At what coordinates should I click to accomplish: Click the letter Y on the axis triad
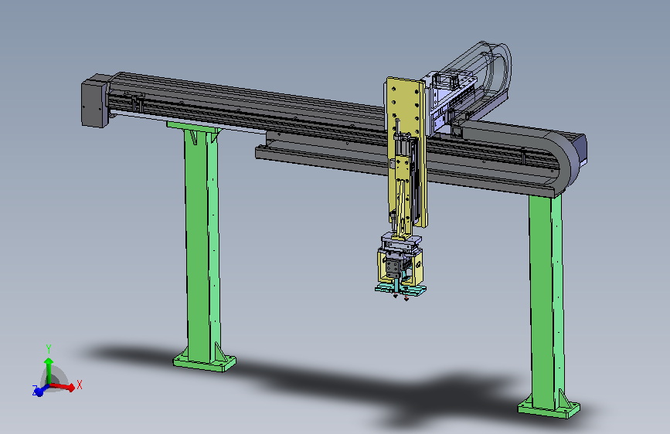(x=49, y=349)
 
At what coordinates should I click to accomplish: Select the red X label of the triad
(x=79, y=385)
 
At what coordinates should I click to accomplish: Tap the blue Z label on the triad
(x=35, y=389)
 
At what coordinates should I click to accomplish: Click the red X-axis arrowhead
(x=70, y=388)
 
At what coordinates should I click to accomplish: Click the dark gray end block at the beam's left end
(x=94, y=101)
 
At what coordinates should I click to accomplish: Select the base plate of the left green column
(x=204, y=361)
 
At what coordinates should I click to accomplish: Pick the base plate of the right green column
(x=549, y=409)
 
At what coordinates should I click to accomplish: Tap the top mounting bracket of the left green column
(x=195, y=127)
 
